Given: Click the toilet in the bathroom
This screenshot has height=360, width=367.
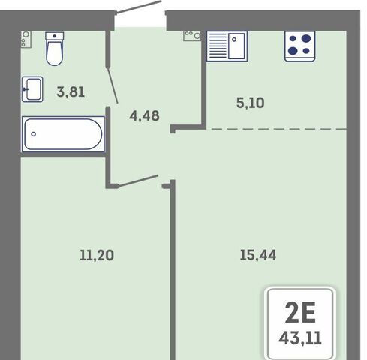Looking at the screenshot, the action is (x=55, y=49).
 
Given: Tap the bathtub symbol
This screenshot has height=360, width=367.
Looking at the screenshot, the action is (x=63, y=134).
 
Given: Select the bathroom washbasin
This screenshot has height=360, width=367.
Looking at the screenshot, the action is (x=32, y=89).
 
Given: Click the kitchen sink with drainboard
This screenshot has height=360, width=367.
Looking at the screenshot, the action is (x=227, y=46).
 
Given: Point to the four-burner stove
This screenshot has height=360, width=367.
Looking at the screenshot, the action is (x=299, y=46).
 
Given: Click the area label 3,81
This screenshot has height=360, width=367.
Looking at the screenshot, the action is (x=71, y=91).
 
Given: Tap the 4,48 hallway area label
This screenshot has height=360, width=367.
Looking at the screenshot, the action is (x=144, y=115).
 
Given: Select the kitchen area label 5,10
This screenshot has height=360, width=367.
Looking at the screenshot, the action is (x=250, y=103).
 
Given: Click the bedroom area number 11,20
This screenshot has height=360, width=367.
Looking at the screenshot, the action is (x=97, y=255).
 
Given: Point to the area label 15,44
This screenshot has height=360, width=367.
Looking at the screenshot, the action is (x=258, y=255).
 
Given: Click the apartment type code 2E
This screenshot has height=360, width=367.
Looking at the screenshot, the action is (x=300, y=313).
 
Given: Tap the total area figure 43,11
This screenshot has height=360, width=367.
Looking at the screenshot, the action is (x=300, y=338).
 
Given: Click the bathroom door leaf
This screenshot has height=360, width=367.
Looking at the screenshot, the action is (x=113, y=85).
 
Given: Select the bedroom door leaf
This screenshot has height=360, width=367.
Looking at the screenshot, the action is (x=138, y=181).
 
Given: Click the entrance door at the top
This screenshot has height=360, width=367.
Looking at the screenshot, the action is (x=138, y=7).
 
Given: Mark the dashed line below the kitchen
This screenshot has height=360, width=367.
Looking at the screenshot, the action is (x=279, y=129).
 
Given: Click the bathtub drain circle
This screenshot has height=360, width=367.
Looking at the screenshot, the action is (x=33, y=134).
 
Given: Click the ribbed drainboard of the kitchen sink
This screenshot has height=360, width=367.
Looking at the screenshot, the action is (x=218, y=46).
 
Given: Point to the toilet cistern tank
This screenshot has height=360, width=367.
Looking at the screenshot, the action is (x=55, y=36).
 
